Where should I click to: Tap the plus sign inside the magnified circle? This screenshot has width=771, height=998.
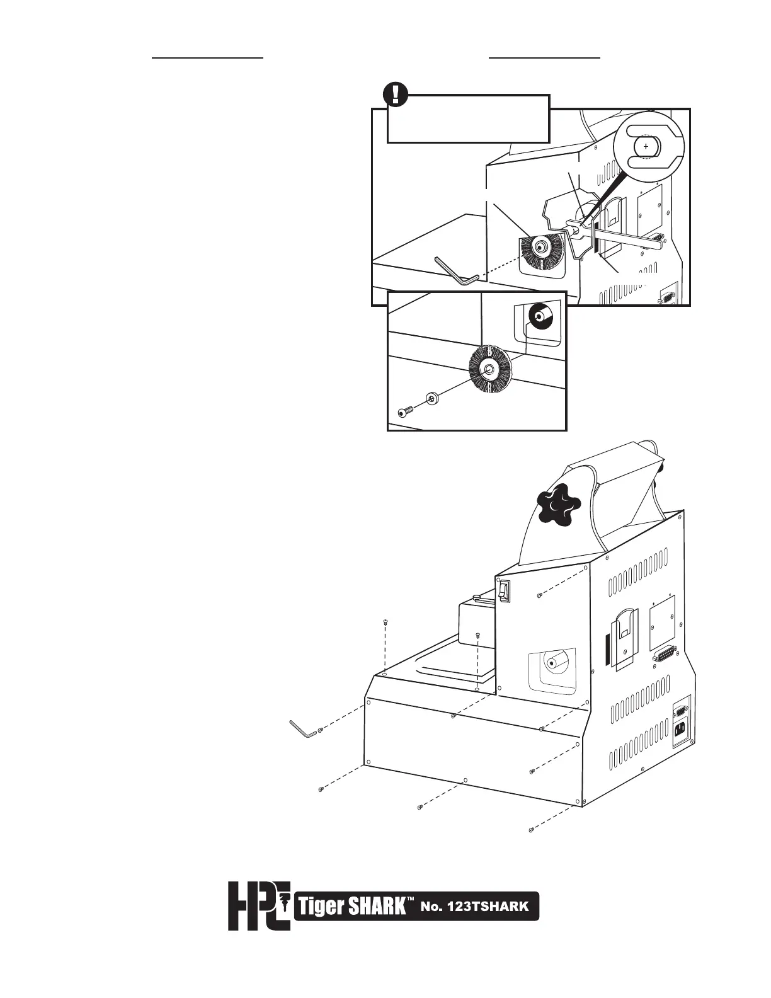coord(646,146)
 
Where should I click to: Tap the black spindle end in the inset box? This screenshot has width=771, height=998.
coord(540,315)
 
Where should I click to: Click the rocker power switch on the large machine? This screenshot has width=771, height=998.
coord(503,590)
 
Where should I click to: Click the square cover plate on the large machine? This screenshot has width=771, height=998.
coord(663,615)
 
